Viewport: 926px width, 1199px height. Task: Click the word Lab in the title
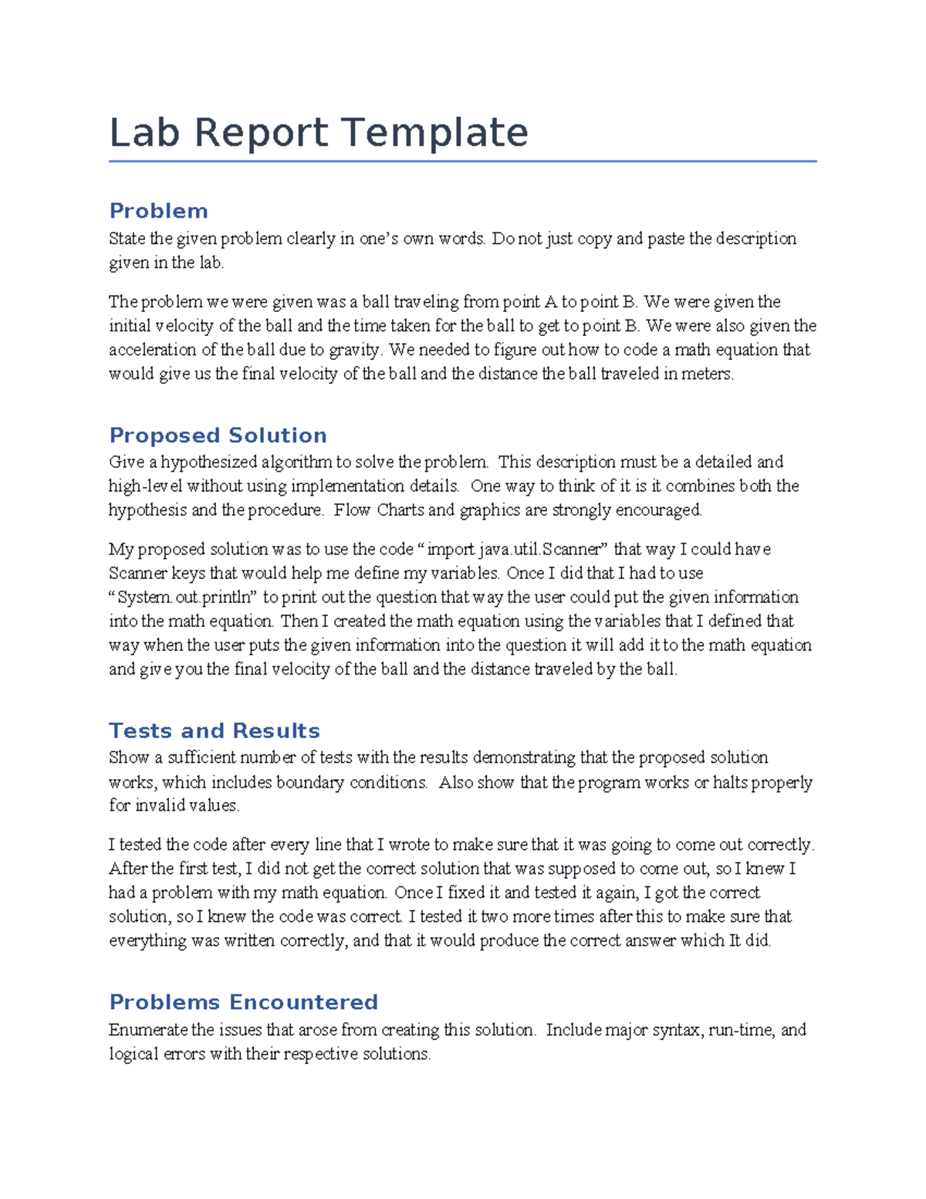point(144,133)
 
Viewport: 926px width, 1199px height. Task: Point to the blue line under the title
point(462,161)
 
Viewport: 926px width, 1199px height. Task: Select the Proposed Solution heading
point(218,435)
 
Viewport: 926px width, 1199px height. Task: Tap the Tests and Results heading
point(214,730)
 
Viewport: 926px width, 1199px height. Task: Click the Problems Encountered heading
point(243,1002)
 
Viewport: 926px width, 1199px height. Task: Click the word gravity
point(355,350)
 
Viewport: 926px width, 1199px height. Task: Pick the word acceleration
point(153,350)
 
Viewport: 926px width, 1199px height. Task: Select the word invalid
point(161,805)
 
